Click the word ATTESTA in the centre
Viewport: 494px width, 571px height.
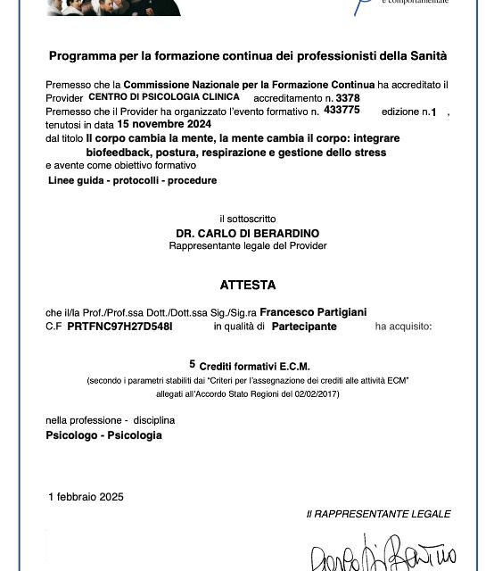coord(248,285)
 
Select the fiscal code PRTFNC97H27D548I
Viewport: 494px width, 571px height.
coord(119,327)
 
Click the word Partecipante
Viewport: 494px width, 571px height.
coord(304,327)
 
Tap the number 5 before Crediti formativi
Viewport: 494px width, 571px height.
coord(192,364)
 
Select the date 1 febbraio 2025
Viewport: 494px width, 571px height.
coord(86,496)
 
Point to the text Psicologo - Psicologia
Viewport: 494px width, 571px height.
coord(103,435)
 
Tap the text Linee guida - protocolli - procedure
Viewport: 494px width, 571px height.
coord(133,180)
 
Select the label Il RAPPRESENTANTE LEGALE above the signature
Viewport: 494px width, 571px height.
coord(378,514)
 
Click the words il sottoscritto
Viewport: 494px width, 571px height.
coord(248,218)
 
